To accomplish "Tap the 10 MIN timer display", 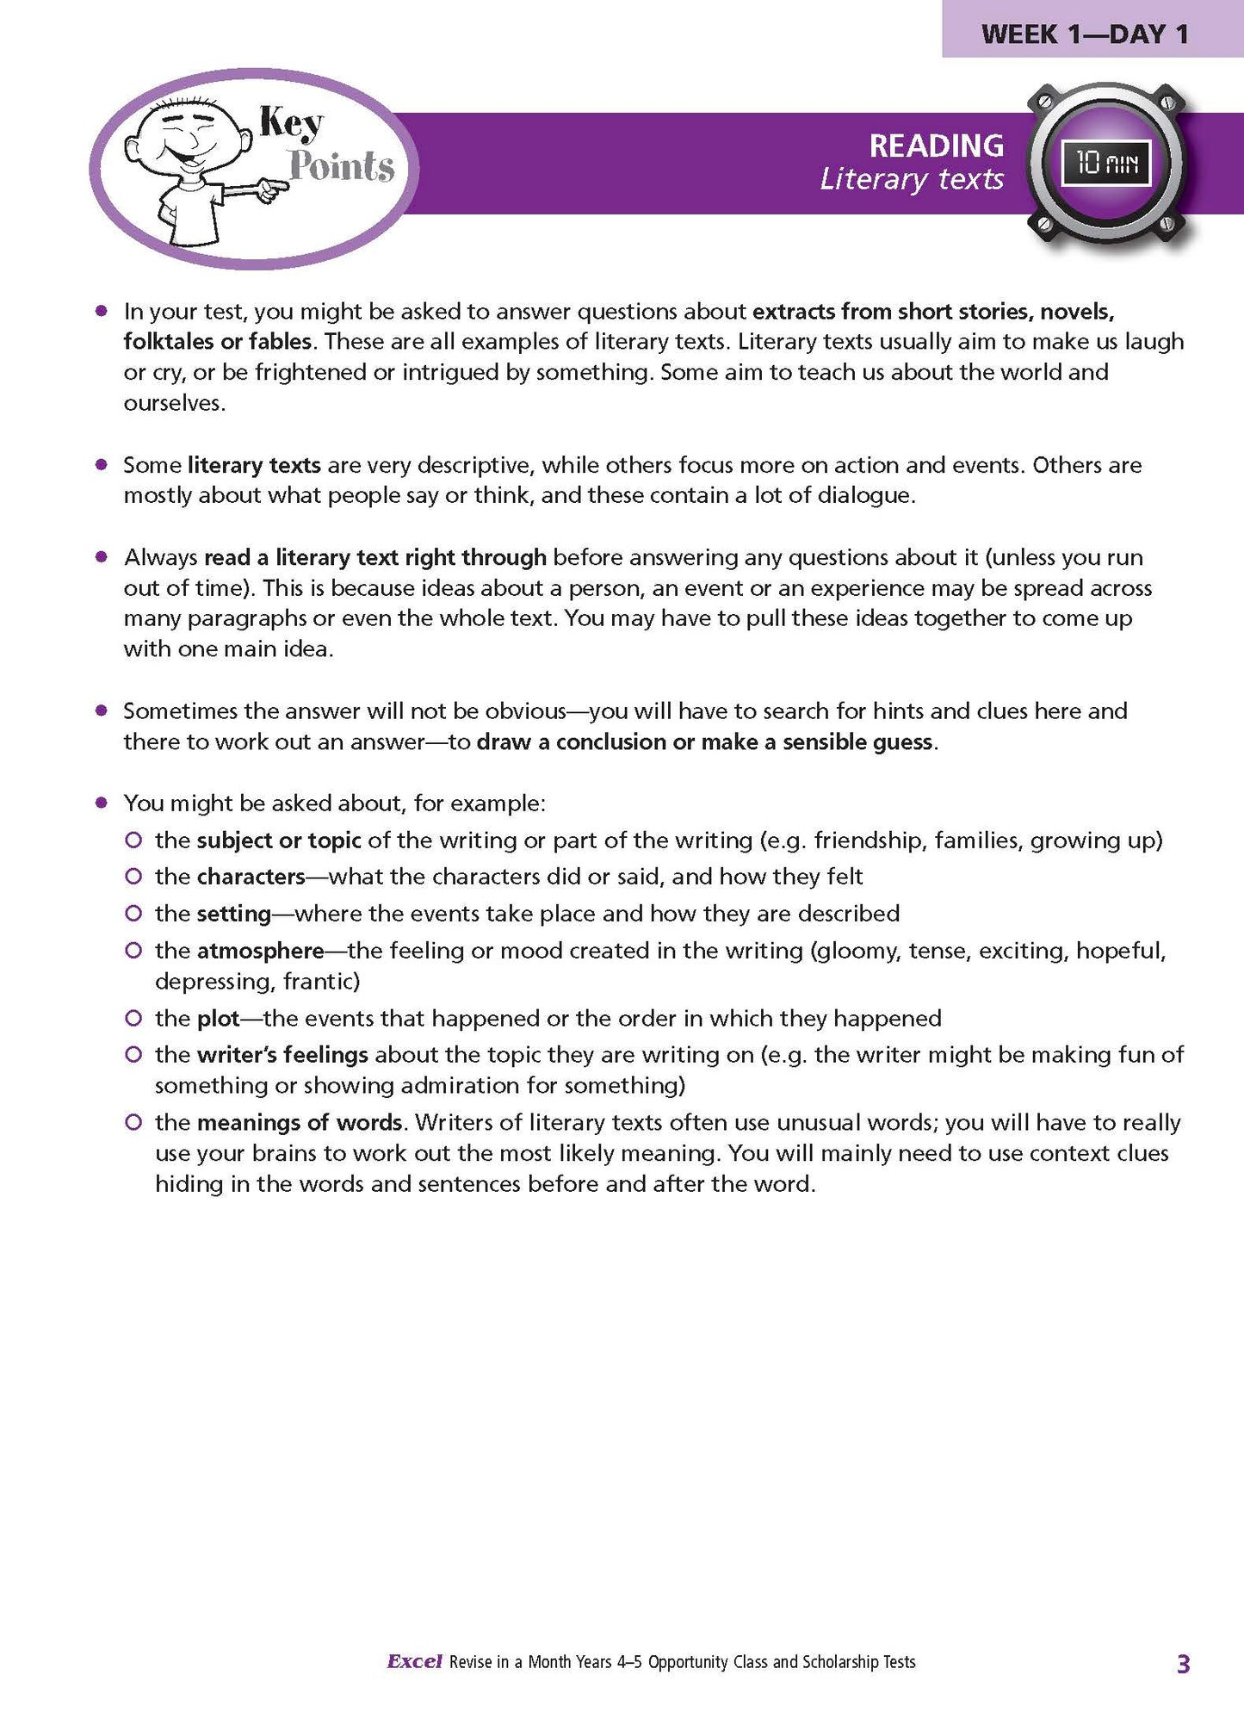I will coord(1105,163).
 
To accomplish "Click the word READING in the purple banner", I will coord(936,146).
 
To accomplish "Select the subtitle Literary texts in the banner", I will coord(912,179).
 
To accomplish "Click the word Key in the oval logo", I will coord(291,124).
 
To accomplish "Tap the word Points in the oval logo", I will coord(342,165).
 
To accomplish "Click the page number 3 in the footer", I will coord(1183,1664).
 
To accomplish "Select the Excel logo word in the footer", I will coord(414,1662).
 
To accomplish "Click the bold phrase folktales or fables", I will coord(217,342).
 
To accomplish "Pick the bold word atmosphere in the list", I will coord(260,951).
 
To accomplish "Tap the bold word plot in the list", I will coord(218,1019).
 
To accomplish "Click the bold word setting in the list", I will coord(234,914).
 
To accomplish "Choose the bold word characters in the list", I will coord(251,877).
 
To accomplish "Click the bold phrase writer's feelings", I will coord(282,1055).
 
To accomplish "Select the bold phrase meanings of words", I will coord(300,1123).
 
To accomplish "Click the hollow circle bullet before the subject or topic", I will coord(133,840).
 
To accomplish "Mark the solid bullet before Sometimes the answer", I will coord(102,711).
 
